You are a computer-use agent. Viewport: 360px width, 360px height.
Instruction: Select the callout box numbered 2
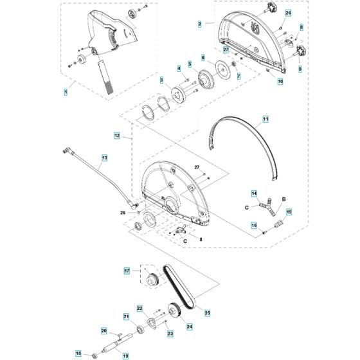[201, 24]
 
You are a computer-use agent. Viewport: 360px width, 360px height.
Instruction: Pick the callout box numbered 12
[117, 136]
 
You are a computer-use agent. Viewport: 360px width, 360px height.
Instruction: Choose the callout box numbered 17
[127, 271]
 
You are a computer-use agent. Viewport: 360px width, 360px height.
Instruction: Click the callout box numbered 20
[104, 331]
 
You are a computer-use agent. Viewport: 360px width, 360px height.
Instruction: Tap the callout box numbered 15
[289, 212]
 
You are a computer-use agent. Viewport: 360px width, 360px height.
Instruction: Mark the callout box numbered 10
[280, 82]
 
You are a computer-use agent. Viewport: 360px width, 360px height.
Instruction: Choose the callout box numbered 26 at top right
[288, 13]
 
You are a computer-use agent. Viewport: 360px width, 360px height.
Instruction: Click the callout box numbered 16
[254, 225]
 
